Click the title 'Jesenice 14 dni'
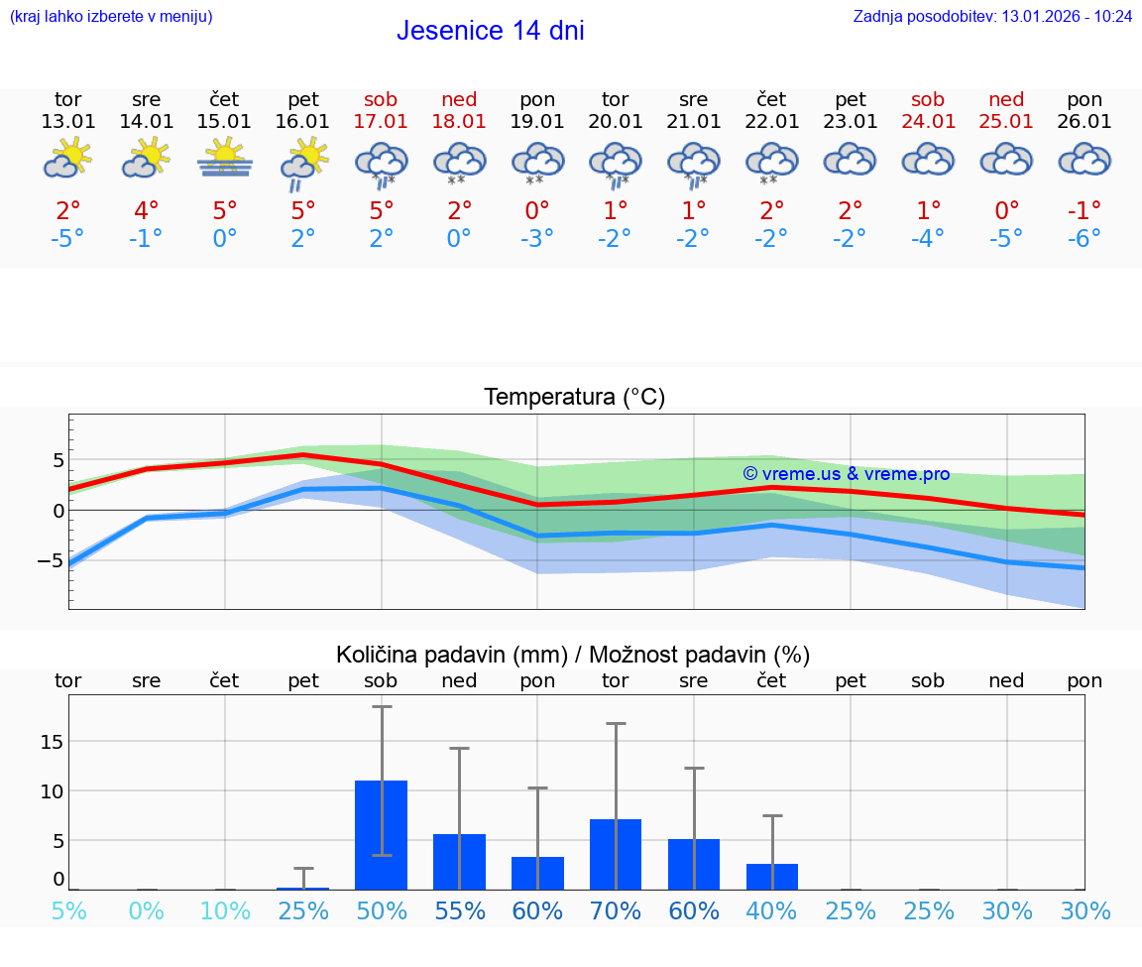(x=490, y=31)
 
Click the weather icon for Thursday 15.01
(x=225, y=159)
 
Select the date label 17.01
(x=381, y=122)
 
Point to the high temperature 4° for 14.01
(x=146, y=210)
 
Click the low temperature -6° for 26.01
(x=1085, y=239)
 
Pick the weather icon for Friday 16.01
(x=303, y=161)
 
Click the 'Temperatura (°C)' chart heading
(x=574, y=398)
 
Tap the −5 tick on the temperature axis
(x=51, y=560)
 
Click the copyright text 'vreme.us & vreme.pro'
(x=846, y=474)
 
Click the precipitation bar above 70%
(x=616, y=854)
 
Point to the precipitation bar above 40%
(x=771, y=877)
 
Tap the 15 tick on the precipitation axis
(x=52, y=742)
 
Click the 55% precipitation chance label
(x=459, y=910)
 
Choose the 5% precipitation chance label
(x=67, y=910)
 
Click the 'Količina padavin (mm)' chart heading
(x=451, y=655)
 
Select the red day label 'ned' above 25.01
(x=1006, y=100)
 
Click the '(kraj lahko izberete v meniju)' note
(x=111, y=17)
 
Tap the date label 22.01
(x=771, y=122)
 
